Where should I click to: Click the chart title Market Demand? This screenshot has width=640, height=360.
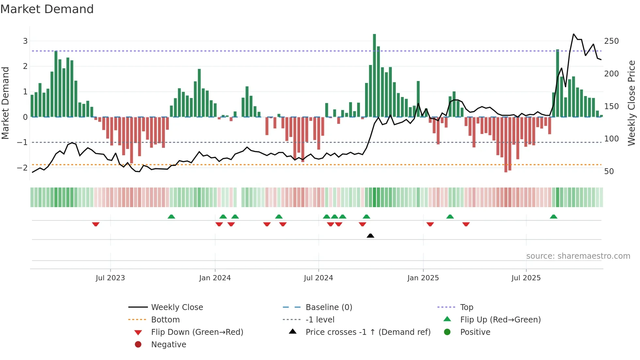[x=47, y=9]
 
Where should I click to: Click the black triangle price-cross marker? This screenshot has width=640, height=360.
[x=370, y=236]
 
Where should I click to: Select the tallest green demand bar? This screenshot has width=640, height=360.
[x=375, y=75]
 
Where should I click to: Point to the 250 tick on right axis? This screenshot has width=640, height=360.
[x=611, y=41]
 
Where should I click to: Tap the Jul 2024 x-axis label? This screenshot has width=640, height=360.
[x=318, y=278]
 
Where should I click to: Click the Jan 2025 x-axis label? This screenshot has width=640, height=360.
[x=423, y=278]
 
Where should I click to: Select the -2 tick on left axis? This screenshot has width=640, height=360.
[x=22, y=168]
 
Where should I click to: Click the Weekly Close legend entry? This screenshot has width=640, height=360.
[x=177, y=307]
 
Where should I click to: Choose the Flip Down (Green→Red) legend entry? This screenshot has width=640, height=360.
[x=197, y=332]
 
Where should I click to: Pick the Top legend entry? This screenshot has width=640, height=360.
[x=466, y=307]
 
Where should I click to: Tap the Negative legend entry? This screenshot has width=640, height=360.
[x=168, y=345]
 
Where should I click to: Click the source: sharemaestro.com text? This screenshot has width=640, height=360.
[x=578, y=256]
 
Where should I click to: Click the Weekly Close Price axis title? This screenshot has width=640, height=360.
[x=632, y=103]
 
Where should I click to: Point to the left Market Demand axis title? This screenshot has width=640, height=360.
[x=5, y=103]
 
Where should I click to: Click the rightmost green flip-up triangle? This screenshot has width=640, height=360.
[x=553, y=217]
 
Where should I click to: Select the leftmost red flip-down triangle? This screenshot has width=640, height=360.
[x=96, y=224]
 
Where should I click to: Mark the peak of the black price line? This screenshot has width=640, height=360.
[x=574, y=34]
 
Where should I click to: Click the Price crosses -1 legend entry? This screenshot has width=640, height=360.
[x=368, y=332]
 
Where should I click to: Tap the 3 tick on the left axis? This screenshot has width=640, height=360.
[x=25, y=41]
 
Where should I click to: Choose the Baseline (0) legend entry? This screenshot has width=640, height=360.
[x=328, y=307]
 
